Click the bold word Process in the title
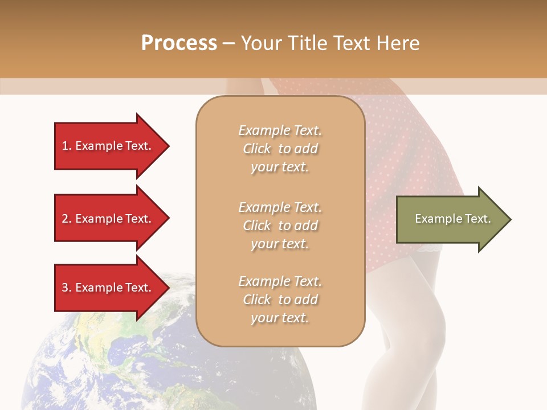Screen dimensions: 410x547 179,43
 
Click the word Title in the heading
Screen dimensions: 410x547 306,43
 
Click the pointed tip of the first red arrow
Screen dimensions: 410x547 168,146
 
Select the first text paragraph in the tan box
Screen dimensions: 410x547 280,149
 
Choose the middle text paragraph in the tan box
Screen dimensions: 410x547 280,225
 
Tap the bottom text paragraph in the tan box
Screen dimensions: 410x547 280,300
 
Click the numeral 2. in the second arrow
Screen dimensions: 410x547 67,219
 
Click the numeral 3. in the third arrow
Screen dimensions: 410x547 67,288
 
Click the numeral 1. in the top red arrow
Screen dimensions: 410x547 67,146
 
